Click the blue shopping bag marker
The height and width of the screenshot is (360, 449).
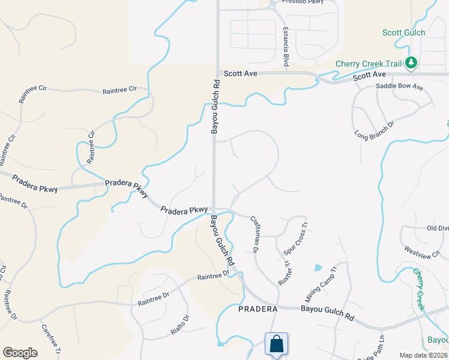(276, 345)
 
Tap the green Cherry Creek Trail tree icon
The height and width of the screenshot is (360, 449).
(411, 62)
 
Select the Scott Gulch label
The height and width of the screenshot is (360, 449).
(403, 33)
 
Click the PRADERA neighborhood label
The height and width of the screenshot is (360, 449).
(258, 309)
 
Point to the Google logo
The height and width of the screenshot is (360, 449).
(20, 353)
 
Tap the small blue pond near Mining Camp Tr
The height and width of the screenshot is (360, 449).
(318, 267)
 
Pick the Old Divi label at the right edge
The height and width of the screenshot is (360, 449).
(437, 228)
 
